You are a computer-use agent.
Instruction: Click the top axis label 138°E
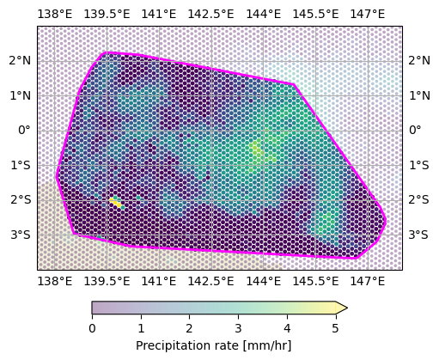pos(55,14)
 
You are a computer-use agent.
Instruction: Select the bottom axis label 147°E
pos(368,282)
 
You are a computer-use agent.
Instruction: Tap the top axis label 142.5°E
pos(210,14)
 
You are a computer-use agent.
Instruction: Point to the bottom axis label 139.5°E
pos(107,282)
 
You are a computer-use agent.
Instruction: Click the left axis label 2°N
pos(20,61)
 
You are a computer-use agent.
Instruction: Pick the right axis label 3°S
pos(418,235)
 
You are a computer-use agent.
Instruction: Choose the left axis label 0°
pos(24,131)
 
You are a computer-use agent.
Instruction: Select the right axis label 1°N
pos(419,95)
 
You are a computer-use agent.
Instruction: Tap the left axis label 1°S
pos(21,165)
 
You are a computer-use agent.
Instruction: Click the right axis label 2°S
pos(418,199)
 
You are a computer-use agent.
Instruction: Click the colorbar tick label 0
pos(92,328)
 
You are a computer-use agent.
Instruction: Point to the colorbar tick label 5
pos(336,328)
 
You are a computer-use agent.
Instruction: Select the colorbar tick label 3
pos(238,328)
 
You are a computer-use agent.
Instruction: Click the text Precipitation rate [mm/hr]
pos(214,345)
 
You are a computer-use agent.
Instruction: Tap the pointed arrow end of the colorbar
pos(347,308)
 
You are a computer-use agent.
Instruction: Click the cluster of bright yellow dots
pos(116,202)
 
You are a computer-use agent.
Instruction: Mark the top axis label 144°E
pos(264,14)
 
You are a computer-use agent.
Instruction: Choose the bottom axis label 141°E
pos(159,282)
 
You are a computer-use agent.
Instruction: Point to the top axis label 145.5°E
pos(315,14)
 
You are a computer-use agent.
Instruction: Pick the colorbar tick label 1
pos(141,328)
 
